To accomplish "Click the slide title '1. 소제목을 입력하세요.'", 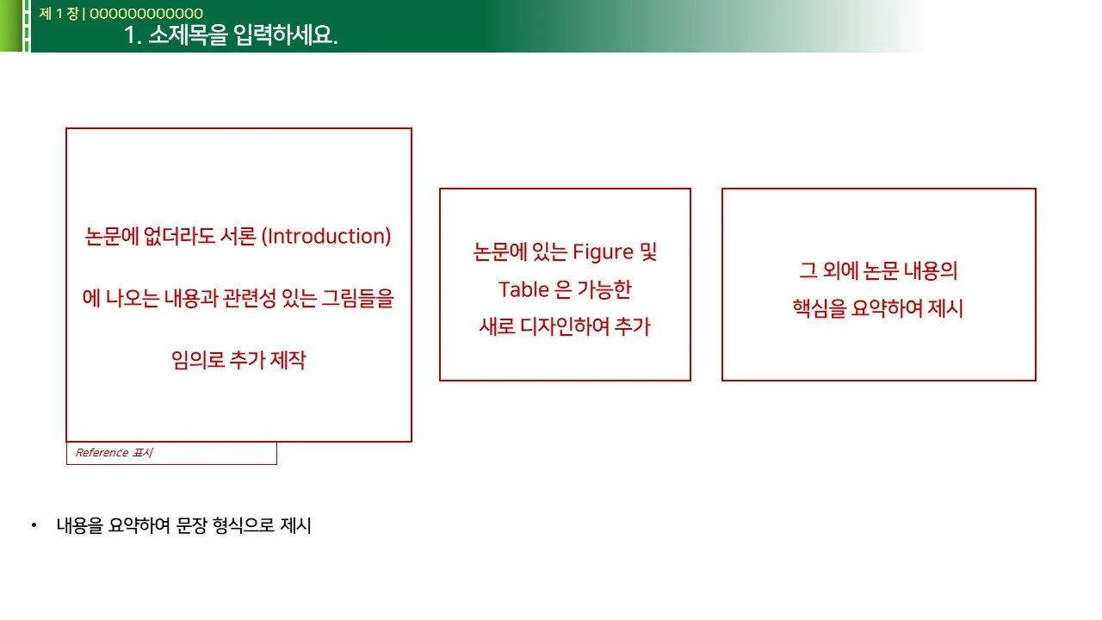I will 231,36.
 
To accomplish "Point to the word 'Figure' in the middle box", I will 603,252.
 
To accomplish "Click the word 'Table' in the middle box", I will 523,289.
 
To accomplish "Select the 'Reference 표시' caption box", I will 171,453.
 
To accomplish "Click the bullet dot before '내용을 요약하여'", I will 34,525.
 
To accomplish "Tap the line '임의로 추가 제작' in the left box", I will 238,360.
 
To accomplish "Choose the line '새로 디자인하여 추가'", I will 565,326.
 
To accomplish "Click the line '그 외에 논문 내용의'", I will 878,270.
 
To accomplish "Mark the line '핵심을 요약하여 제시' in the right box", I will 878,308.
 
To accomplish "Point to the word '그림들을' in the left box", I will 357,299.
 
